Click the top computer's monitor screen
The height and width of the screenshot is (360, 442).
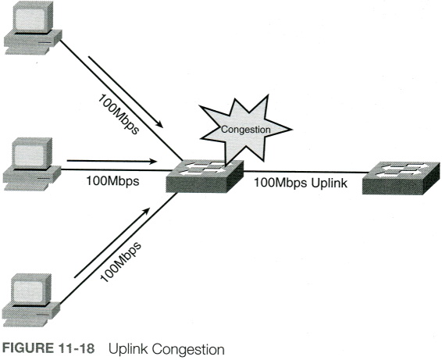(x=30, y=20)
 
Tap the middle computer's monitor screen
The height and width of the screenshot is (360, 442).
(x=30, y=155)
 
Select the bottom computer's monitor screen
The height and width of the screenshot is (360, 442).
(x=28, y=291)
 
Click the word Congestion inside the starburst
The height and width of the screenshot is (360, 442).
(x=246, y=130)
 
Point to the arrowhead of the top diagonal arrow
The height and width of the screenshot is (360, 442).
(x=159, y=125)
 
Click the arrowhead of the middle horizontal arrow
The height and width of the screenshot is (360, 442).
(x=153, y=161)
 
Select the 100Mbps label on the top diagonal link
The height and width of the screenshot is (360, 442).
(x=119, y=114)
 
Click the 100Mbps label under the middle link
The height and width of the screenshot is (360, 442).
(x=112, y=181)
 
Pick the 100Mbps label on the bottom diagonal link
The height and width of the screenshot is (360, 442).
(x=120, y=262)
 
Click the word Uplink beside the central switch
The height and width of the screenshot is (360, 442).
(x=329, y=183)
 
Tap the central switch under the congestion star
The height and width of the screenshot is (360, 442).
(x=205, y=176)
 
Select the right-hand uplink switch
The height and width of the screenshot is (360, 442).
(x=401, y=178)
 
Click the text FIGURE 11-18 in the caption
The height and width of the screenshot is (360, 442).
(x=48, y=348)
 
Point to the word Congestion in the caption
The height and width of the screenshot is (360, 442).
(x=188, y=350)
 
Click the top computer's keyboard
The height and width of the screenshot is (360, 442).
(x=27, y=51)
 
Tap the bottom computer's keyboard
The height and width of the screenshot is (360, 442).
(x=25, y=323)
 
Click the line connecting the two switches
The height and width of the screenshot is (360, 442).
(x=306, y=172)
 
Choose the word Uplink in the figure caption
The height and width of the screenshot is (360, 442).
(x=128, y=349)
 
